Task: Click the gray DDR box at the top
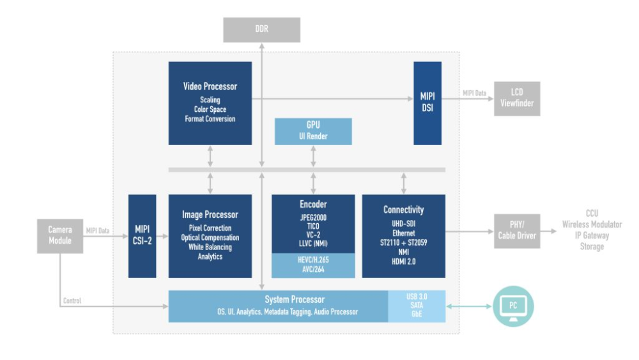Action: [x=261, y=30]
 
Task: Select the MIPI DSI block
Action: [x=427, y=103]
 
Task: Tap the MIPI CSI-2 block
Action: [x=142, y=236]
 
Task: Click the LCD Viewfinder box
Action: [x=516, y=98]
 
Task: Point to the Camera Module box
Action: [x=60, y=235]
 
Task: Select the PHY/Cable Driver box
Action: [x=517, y=231]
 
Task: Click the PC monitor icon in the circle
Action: [x=513, y=306]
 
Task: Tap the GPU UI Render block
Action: [x=313, y=130]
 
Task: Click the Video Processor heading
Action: [x=210, y=86]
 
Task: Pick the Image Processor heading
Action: [x=210, y=215]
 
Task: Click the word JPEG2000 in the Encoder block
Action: [x=313, y=217]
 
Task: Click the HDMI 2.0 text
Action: [x=403, y=261]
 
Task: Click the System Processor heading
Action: [x=295, y=299]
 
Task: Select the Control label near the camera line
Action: [x=72, y=301]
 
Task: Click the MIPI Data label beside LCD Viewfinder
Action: [x=474, y=93]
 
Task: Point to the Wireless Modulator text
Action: [x=592, y=224]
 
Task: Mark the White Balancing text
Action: [x=210, y=247]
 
